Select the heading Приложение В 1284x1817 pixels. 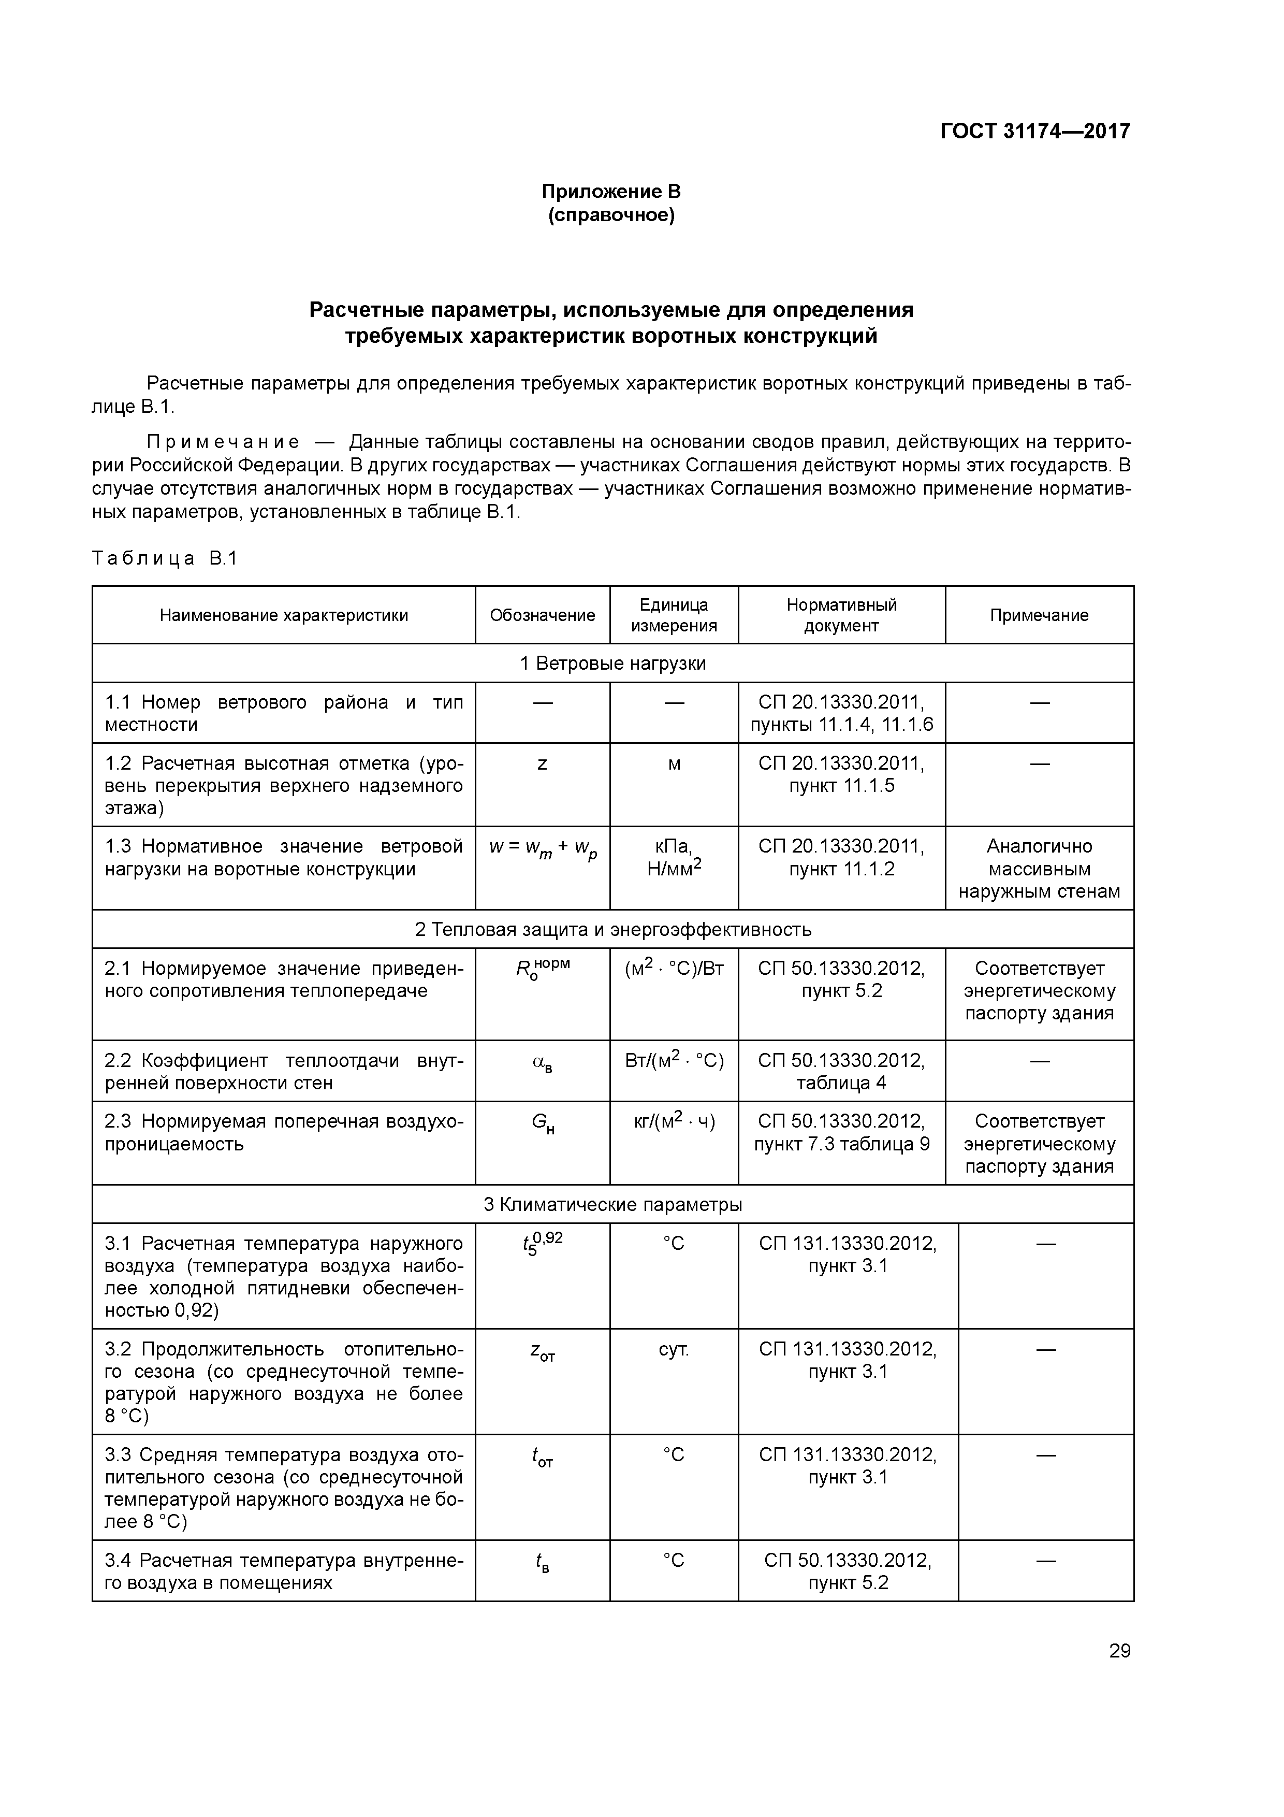point(611,192)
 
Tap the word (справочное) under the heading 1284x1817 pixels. point(611,215)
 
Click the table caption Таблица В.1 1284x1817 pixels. point(165,559)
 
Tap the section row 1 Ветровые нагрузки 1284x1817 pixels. point(612,663)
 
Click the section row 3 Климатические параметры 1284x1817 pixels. point(612,1204)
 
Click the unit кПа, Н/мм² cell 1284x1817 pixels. point(674,858)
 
